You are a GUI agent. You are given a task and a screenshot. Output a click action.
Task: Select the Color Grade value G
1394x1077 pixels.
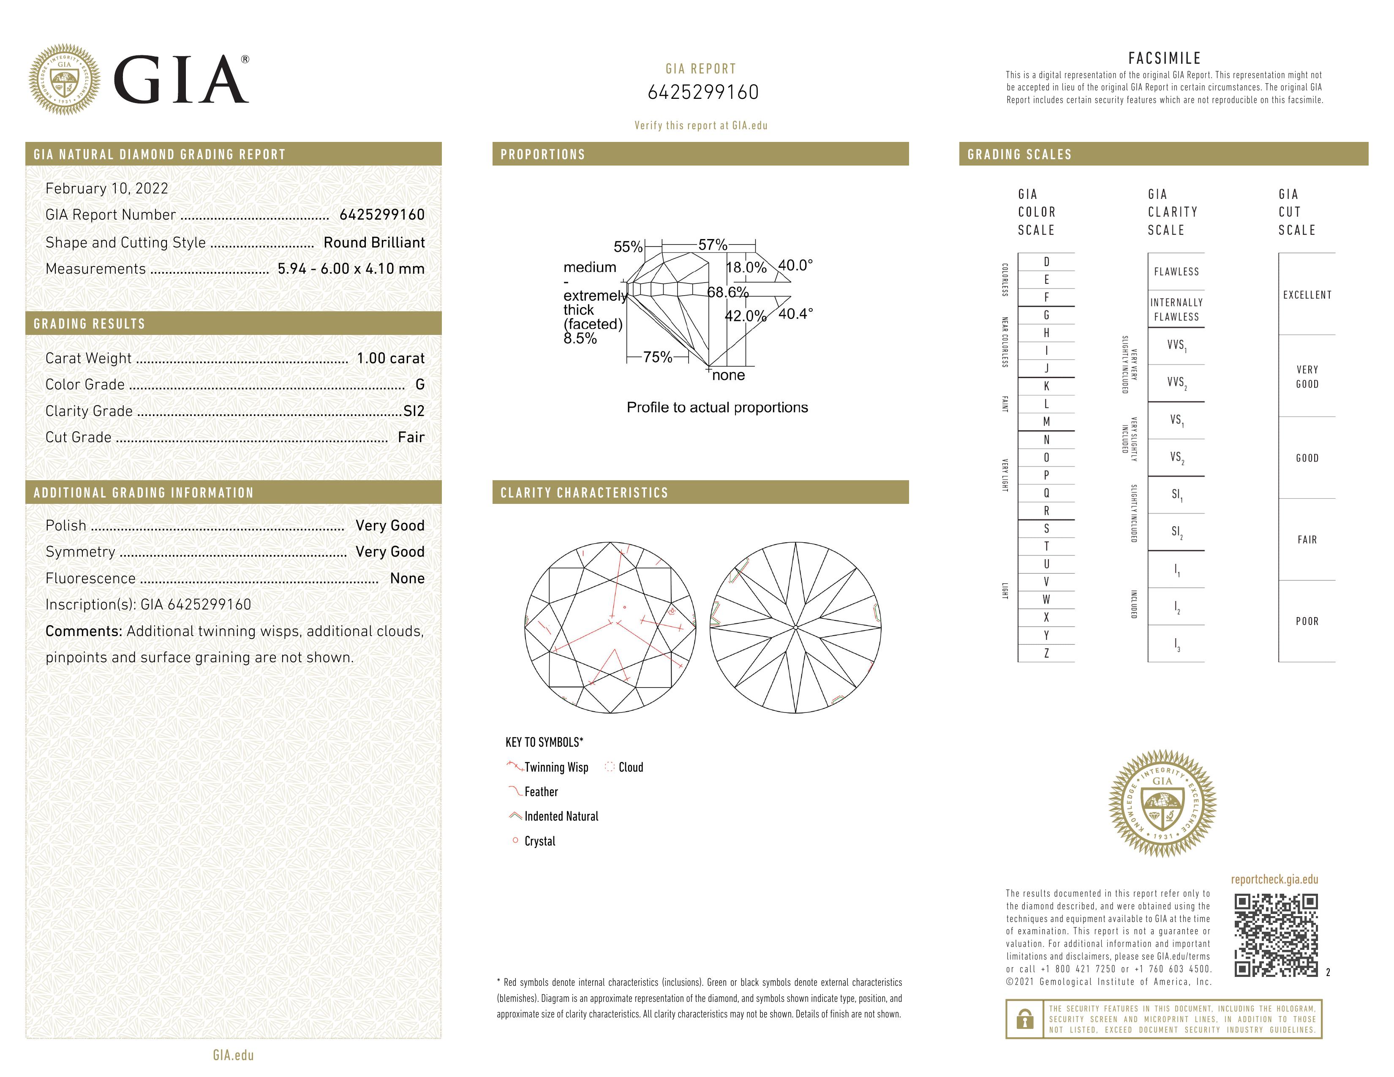(420, 384)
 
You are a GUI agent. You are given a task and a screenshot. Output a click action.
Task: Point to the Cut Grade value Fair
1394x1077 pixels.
(411, 437)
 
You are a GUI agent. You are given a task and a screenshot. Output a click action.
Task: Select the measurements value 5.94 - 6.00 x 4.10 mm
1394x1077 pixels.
(351, 269)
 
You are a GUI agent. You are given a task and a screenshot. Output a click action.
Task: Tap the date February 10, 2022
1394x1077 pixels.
(106, 188)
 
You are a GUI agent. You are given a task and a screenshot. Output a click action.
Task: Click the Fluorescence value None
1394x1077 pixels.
(407, 578)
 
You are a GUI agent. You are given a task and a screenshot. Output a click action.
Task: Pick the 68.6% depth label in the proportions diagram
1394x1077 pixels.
(728, 292)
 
